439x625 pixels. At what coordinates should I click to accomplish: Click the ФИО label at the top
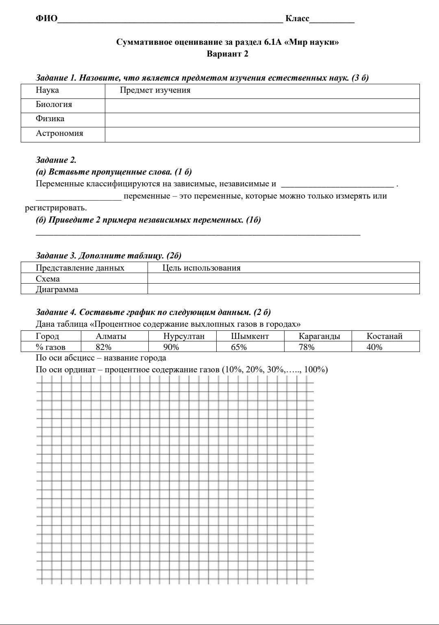point(46,19)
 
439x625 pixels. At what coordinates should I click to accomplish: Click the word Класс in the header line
point(297,19)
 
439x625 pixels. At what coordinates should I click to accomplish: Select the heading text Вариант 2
point(227,54)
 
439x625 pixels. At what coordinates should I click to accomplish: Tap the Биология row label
point(54,105)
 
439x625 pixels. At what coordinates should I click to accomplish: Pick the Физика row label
point(50,119)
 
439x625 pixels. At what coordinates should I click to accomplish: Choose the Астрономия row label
point(59,133)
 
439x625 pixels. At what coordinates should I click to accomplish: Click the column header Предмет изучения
point(155,90)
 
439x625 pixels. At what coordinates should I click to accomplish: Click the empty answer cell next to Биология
point(262,105)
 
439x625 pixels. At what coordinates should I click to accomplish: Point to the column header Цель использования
point(201,268)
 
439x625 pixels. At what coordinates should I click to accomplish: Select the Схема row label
point(48,279)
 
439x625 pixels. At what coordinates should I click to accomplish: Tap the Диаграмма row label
point(57,289)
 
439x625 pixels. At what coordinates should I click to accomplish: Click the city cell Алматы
point(111,336)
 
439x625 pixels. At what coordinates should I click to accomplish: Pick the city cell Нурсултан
point(184,336)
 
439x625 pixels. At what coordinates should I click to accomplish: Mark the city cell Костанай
point(384,336)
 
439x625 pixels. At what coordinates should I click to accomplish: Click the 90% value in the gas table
point(171,347)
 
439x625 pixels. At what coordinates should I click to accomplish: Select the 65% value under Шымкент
point(239,347)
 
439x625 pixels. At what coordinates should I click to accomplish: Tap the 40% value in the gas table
point(374,347)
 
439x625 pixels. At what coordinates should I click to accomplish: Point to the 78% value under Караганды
point(306,347)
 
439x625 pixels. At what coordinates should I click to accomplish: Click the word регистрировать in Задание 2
point(56,208)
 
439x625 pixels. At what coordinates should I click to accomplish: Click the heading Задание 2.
point(56,160)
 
